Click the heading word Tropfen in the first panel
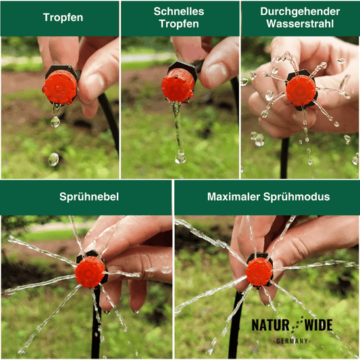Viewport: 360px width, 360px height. tap(63, 18)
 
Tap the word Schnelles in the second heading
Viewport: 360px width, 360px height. tap(179, 11)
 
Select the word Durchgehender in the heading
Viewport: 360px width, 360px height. tap(300, 11)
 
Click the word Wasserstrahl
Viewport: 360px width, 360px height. tap(300, 24)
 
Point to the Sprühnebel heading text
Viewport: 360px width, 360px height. tap(89, 197)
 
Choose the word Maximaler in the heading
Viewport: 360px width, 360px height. tap(233, 197)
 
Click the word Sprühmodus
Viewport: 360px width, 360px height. tap(297, 197)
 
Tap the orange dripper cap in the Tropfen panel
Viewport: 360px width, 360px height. tap(60, 87)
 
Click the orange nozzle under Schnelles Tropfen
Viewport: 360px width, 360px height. tap(178, 86)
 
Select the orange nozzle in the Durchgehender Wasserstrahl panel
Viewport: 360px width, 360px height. tap(301, 91)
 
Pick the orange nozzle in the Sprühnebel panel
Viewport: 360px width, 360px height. tap(91, 272)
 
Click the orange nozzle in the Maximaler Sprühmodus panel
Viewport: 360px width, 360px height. tap(259, 272)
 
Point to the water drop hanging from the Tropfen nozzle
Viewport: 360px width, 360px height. tap(55, 121)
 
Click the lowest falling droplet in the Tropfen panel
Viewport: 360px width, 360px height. tap(53, 159)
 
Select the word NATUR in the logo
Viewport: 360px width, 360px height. tap(270, 325)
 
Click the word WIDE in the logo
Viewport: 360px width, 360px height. tap(318, 325)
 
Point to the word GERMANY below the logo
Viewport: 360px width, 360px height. tap(292, 341)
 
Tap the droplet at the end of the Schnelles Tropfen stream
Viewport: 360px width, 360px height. tap(180, 157)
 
